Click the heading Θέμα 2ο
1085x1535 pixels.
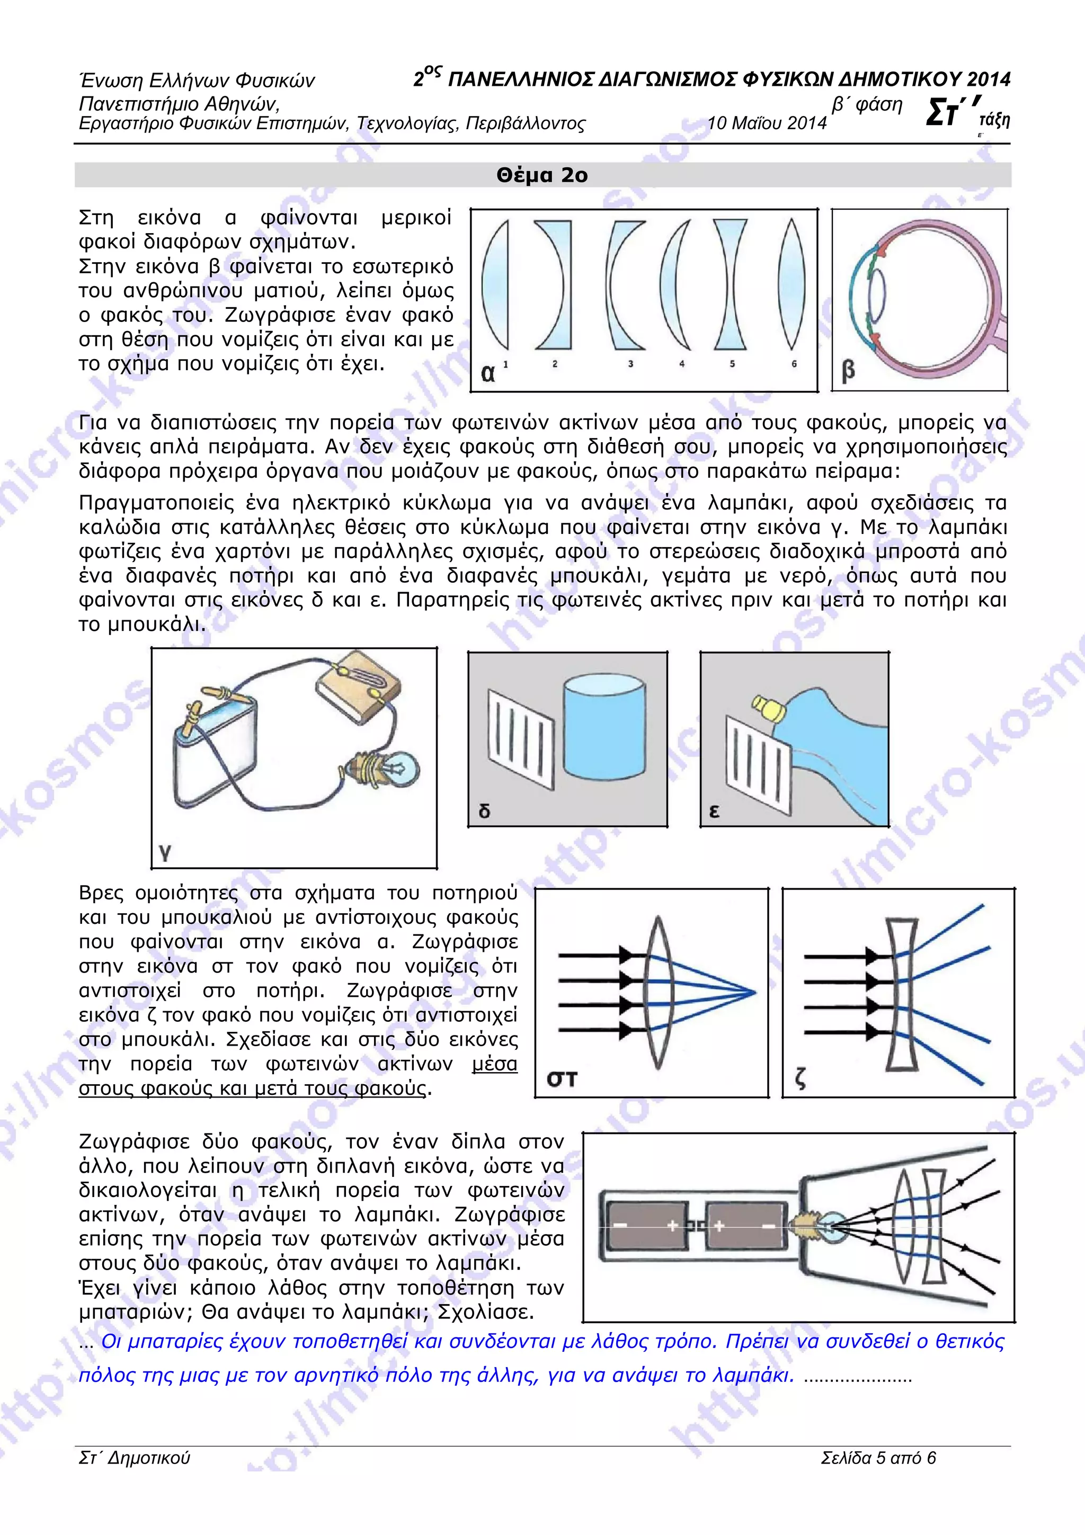click(x=541, y=175)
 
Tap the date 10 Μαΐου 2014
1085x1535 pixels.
click(x=767, y=123)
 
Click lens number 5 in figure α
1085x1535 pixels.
click(x=730, y=284)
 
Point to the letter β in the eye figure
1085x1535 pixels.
click(x=848, y=370)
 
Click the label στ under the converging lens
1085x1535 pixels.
click(x=562, y=1078)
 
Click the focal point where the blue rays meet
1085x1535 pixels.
click(x=754, y=993)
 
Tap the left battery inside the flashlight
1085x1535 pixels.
click(x=646, y=1226)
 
